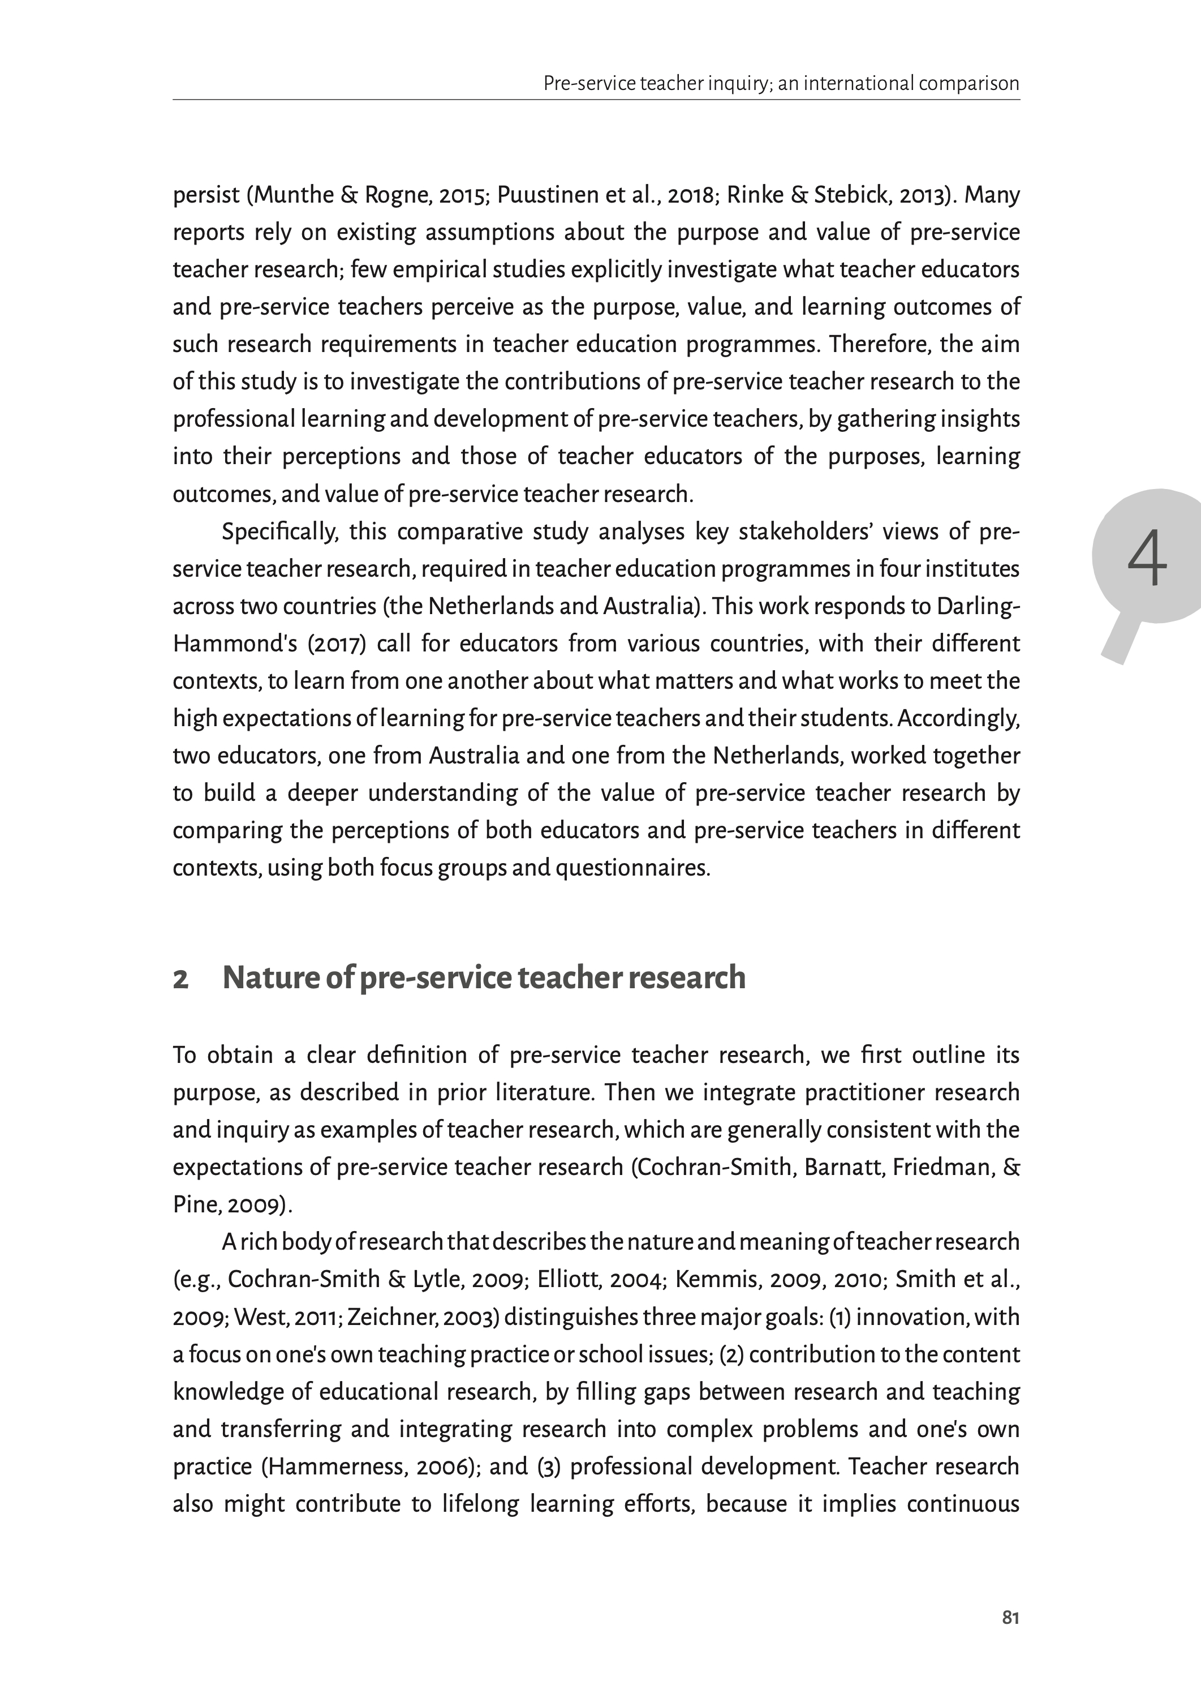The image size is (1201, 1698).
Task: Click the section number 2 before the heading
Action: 180,979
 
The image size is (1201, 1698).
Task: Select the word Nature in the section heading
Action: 269,977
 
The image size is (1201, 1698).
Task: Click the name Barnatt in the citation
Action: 844,1167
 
